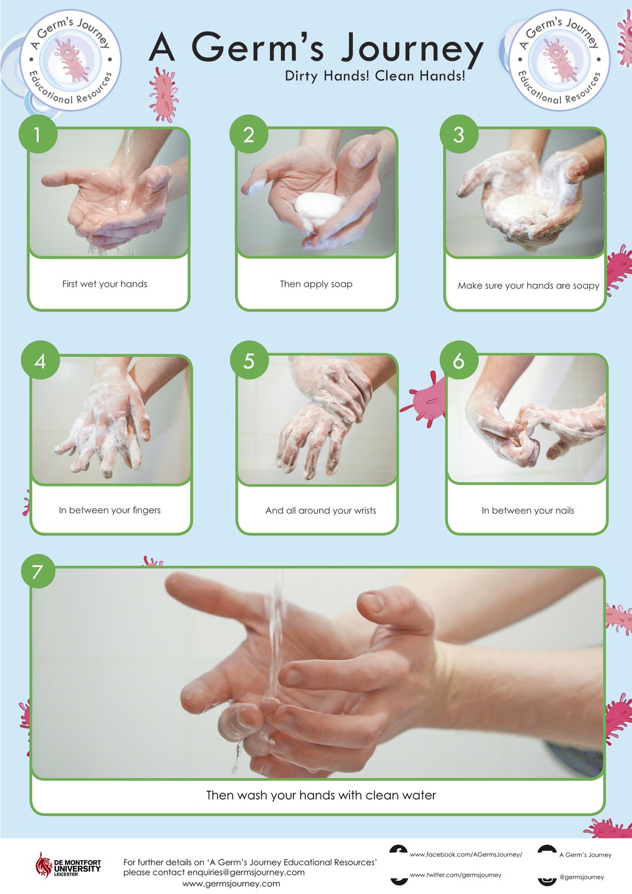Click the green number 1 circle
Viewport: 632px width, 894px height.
[x=38, y=134]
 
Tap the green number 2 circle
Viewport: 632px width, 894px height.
[x=249, y=134]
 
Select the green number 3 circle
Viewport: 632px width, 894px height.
[x=458, y=134]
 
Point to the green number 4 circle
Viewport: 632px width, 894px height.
[x=41, y=360]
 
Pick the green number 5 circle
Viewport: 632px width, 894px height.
[x=249, y=360]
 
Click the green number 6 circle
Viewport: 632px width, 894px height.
[x=458, y=360]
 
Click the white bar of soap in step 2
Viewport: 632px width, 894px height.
[x=320, y=206]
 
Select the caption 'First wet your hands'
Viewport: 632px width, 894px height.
[x=104, y=284]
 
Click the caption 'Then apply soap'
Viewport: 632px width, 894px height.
[x=316, y=284]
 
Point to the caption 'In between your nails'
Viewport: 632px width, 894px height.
[x=528, y=510]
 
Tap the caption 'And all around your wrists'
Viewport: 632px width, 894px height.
[x=321, y=510]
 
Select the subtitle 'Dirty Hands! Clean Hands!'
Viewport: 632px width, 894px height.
[x=375, y=76]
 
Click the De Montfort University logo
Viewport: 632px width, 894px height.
[x=68, y=865]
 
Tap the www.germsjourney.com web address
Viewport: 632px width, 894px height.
[x=231, y=884]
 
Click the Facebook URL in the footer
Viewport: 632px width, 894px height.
[x=466, y=855]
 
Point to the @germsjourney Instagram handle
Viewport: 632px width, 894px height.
[x=581, y=877]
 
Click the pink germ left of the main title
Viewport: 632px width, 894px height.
[x=163, y=94]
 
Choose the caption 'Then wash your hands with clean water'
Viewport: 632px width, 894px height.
[x=321, y=795]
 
